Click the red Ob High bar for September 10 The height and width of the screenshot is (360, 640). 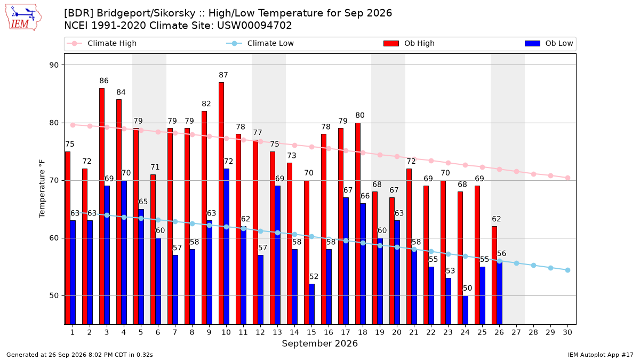pos(221,203)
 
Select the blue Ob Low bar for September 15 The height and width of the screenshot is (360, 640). pos(311,304)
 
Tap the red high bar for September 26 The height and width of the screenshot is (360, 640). pos(494,275)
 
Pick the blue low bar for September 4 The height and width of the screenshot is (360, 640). pos(124,252)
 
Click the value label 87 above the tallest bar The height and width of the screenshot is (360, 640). pos(223,75)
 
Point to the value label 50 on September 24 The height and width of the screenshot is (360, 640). pos(467,288)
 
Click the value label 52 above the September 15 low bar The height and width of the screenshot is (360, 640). pos(314,277)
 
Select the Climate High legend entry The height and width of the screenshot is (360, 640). pos(101,43)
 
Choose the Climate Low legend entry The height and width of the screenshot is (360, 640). pos(260,43)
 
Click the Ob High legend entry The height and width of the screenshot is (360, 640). pos(409,43)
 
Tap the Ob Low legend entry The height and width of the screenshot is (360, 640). pos(549,43)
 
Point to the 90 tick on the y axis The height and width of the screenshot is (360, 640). pos(54,65)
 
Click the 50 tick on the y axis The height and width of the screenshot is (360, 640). pos(54,295)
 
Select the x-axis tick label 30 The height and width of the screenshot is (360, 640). pos(567,332)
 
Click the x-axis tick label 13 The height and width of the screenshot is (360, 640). pos(277,332)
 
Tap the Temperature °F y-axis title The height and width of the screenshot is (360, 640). pos(42,189)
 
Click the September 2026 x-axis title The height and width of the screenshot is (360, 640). pos(319,343)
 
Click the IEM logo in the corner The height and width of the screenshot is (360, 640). pos(23,18)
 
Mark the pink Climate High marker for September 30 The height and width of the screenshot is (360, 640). pos(567,178)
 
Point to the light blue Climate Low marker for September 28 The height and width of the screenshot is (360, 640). pos(533,266)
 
